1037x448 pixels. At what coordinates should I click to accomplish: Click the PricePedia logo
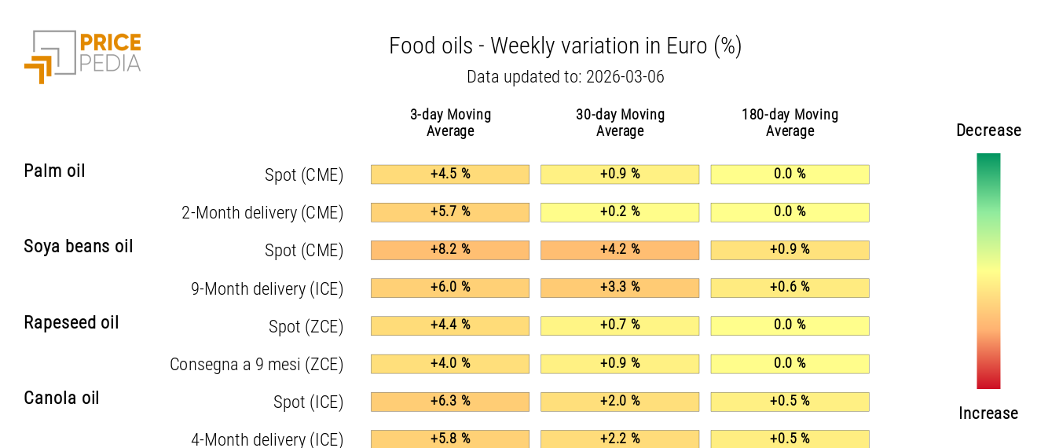tap(82, 56)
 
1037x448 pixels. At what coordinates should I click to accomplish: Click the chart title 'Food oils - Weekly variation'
tap(565, 46)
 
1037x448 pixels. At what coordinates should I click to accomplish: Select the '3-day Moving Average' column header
tap(450, 123)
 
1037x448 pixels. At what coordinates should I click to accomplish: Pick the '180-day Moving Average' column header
tap(790, 123)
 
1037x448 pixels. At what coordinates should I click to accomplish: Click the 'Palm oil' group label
tap(54, 171)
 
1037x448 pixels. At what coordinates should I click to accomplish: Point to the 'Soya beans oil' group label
tap(79, 246)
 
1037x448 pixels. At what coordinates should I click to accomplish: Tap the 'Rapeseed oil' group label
tap(71, 322)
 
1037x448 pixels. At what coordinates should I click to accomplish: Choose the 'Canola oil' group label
tap(61, 398)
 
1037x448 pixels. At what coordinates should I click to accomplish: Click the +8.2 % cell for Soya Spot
tap(450, 250)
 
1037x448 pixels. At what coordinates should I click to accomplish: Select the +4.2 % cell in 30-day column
tap(620, 250)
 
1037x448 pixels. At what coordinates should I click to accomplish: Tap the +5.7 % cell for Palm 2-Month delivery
tap(450, 212)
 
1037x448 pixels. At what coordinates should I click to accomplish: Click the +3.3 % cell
tap(620, 288)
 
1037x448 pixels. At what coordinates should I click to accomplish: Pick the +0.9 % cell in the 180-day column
tap(790, 250)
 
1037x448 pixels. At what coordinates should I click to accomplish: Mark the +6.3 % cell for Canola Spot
tap(450, 402)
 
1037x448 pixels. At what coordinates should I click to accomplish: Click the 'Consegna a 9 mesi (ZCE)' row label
tap(257, 365)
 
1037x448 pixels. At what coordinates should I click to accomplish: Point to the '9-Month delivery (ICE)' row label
tap(267, 288)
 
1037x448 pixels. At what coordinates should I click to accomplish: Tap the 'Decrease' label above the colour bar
tap(988, 130)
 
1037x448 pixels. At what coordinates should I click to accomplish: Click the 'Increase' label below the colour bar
tap(988, 413)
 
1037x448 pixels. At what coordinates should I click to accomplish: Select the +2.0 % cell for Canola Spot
tap(620, 402)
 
